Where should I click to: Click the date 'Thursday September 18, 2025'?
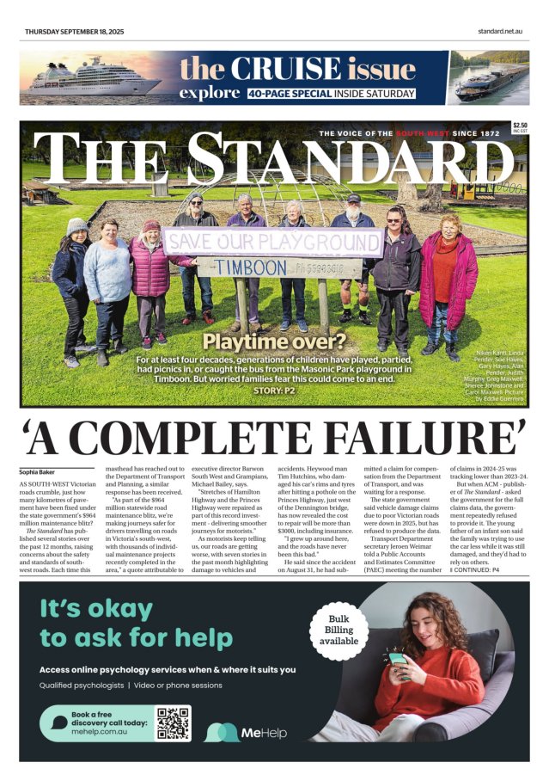click(x=74, y=32)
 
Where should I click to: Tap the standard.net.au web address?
click(x=501, y=32)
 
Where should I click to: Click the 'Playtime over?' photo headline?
click(x=274, y=343)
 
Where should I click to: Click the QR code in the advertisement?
click(x=173, y=723)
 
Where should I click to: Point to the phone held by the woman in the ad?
click(x=397, y=659)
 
